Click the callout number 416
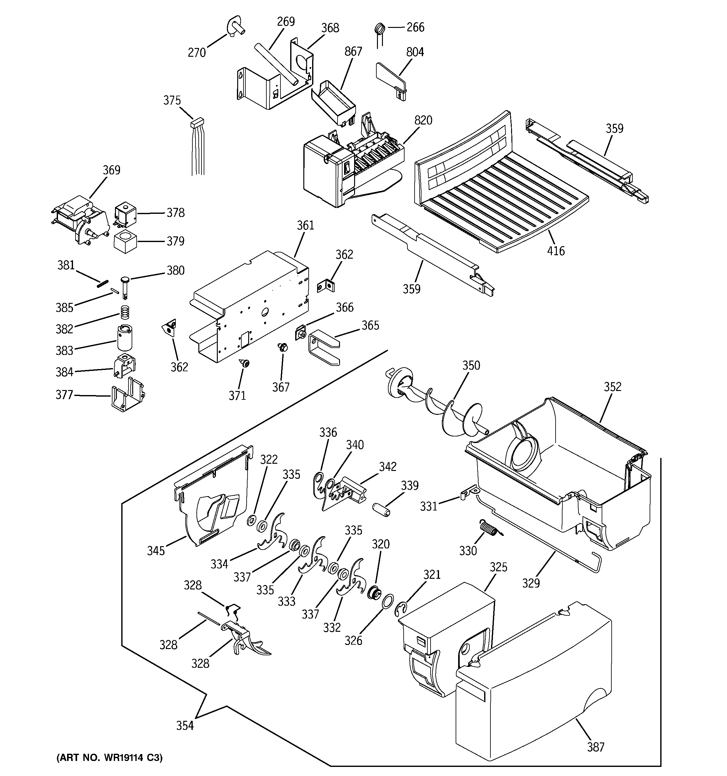(x=556, y=251)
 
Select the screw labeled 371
(x=245, y=363)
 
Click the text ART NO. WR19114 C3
(x=110, y=758)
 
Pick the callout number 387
(x=595, y=747)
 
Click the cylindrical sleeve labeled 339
(x=380, y=510)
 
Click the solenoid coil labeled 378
(x=125, y=214)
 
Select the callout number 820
(x=423, y=120)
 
